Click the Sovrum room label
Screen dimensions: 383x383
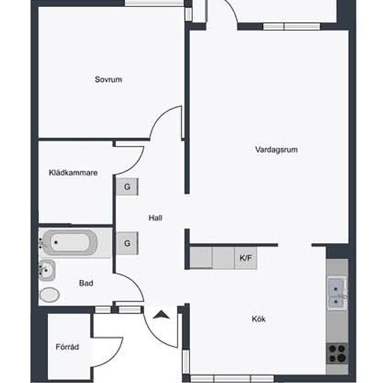pos(109,79)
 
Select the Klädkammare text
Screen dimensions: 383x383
pos(72,173)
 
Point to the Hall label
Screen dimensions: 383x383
pos(155,218)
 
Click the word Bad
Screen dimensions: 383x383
pos(86,283)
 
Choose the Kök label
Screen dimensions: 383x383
pos(258,320)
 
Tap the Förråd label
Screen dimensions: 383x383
pos(68,347)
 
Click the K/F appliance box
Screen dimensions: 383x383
pos(246,258)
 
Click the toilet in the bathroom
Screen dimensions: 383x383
pos(49,294)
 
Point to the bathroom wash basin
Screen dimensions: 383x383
pos(47,269)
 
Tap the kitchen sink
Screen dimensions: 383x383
pos(336,292)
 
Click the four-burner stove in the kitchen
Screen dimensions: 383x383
pos(337,354)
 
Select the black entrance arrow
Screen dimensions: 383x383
pos(161,313)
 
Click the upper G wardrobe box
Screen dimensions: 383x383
pos(127,187)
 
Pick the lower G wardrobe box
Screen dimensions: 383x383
pos(127,243)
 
